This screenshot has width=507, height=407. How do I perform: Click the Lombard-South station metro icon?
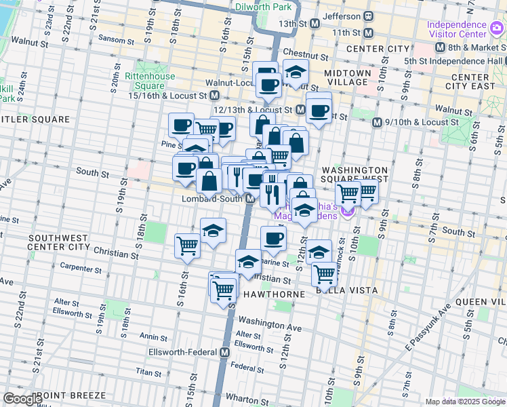250,199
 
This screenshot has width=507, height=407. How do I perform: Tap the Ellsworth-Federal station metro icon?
224,352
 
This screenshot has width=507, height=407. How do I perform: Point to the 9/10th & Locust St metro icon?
378,122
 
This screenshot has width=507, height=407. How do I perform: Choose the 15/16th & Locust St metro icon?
215,96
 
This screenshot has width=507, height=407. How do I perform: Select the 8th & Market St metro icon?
439,47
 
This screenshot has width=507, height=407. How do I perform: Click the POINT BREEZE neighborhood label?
73,395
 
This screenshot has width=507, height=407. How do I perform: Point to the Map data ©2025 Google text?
464,402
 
